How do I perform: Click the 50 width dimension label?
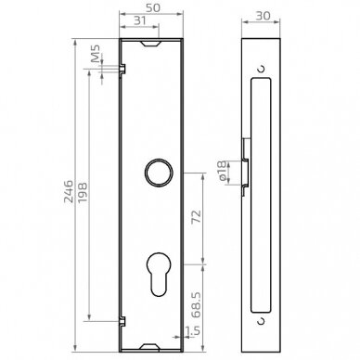[x=153, y=8]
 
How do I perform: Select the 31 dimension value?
[x=140, y=20]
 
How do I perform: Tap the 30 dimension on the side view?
[x=264, y=16]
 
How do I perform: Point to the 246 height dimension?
[x=69, y=191]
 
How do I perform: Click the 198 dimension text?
[x=83, y=193]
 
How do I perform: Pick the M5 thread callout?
[x=96, y=53]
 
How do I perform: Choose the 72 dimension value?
[x=196, y=216]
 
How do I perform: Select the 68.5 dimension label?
[x=196, y=305]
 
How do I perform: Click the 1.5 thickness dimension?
[x=193, y=330]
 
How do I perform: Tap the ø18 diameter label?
[x=222, y=171]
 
